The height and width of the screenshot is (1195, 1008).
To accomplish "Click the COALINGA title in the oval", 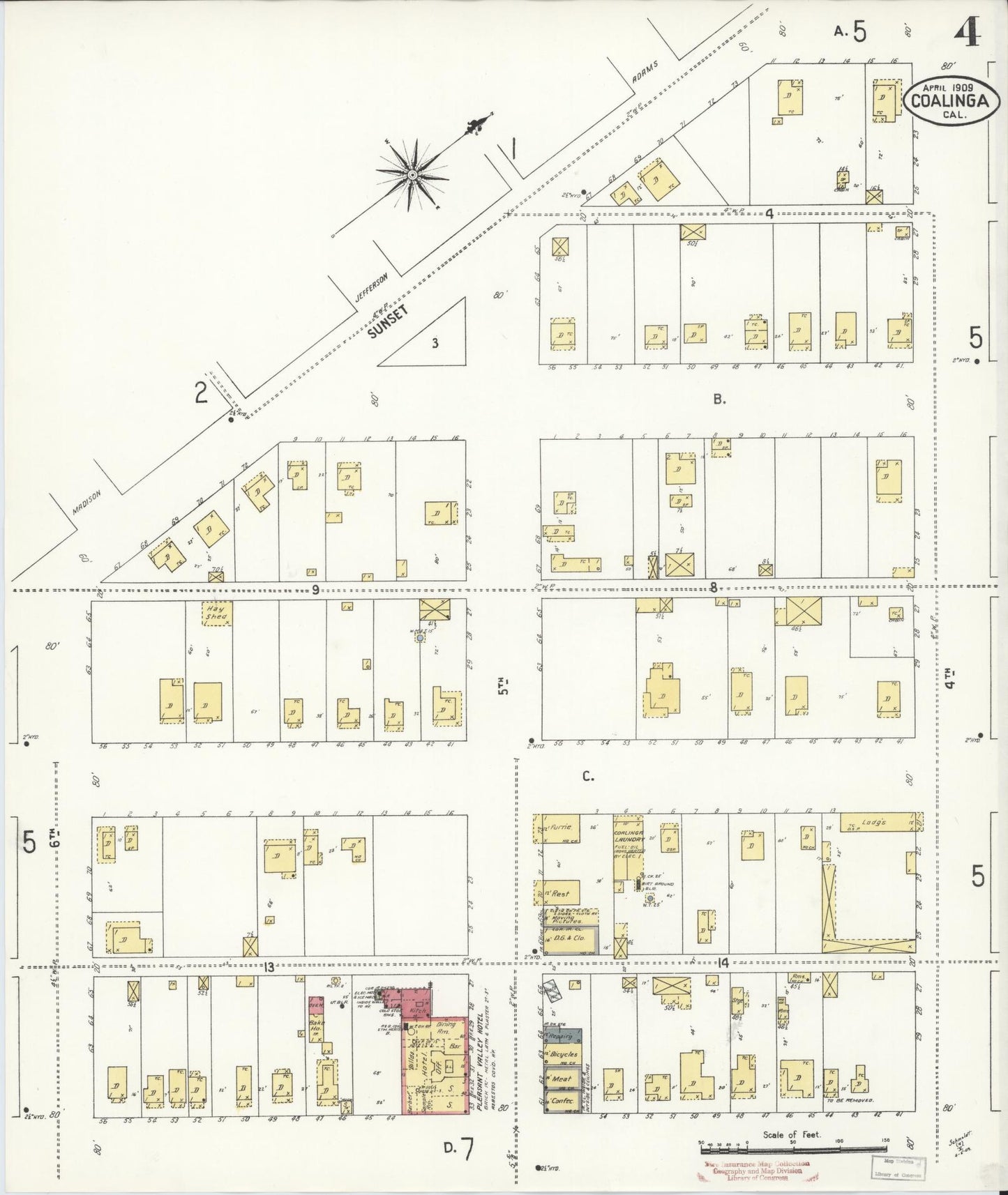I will [949, 100].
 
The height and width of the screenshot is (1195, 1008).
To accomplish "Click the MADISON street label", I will [87, 502].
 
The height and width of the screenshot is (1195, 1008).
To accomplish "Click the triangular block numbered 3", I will [434, 342].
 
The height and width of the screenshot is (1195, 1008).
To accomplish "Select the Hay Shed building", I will [216, 613].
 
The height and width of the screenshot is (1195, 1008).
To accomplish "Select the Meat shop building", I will [562, 1078].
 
